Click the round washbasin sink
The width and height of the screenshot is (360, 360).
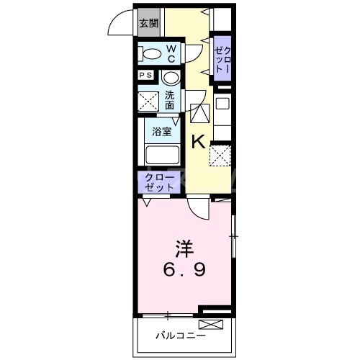(x=170, y=78)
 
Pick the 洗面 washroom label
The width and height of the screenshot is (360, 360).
(x=169, y=100)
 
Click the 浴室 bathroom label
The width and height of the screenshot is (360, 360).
(x=162, y=131)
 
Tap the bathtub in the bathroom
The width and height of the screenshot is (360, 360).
(x=162, y=154)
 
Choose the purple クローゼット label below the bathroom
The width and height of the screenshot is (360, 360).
(x=159, y=181)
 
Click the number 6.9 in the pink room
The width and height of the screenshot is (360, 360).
(x=185, y=272)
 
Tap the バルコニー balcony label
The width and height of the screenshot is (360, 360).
(x=181, y=336)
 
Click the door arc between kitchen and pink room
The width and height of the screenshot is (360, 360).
(x=199, y=207)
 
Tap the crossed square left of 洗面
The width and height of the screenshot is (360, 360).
(x=150, y=102)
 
